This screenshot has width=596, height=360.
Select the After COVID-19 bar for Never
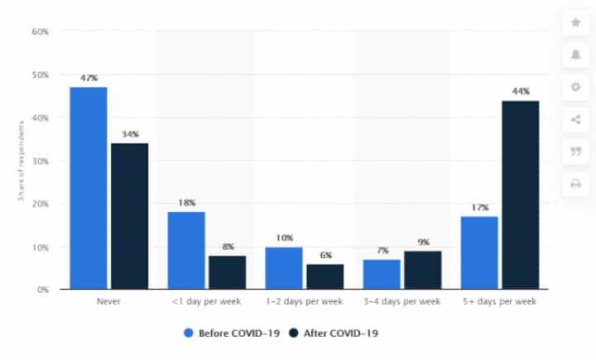[129, 216]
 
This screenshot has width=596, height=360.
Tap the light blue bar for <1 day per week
[186, 251]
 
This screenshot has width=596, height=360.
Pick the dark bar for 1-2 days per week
[326, 276]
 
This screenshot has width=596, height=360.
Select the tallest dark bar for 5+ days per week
[521, 195]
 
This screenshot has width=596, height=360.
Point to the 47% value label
[89, 78]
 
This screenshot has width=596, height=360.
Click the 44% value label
[521, 91]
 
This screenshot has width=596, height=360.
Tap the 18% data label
[186, 202]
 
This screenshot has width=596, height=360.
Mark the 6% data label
[326, 255]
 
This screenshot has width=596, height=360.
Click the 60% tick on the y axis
[40, 31]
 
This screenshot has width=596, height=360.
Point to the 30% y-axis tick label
[40, 161]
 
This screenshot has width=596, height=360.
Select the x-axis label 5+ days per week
[500, 301]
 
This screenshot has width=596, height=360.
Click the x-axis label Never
[108, 301]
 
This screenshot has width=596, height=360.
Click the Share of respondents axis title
[19, 161]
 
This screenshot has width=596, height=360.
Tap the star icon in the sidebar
[575, 22]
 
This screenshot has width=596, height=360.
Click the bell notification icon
[575, 55]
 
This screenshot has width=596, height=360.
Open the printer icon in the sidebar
[575, 184]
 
